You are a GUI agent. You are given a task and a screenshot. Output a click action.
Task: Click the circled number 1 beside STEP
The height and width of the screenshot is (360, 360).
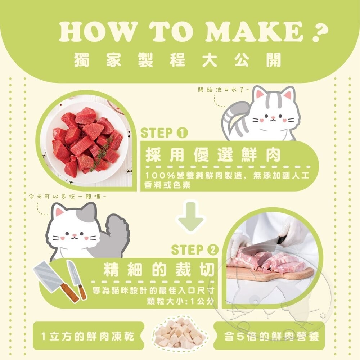(x=182, y=133)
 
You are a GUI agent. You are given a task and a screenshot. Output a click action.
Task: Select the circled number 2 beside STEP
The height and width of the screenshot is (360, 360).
(x=213, y=249)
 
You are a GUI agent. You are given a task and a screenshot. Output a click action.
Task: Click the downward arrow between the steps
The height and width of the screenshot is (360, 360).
(x=190, y=217)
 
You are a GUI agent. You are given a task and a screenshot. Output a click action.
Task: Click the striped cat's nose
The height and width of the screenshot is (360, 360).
(x=273, y=118)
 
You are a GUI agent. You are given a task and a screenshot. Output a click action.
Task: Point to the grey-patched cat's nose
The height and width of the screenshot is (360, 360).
(x=74, y=235)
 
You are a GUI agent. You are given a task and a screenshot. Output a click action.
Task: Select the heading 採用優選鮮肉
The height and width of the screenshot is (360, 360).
(x=213, y=155)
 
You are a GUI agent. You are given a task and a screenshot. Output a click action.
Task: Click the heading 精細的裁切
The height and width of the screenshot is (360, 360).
(x=159, y=269)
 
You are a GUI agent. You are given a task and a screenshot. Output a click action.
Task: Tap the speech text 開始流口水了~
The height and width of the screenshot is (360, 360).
(x=223, y=90)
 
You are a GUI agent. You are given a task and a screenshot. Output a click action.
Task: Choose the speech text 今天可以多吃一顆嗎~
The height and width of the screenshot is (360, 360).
(x=68, y=197)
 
